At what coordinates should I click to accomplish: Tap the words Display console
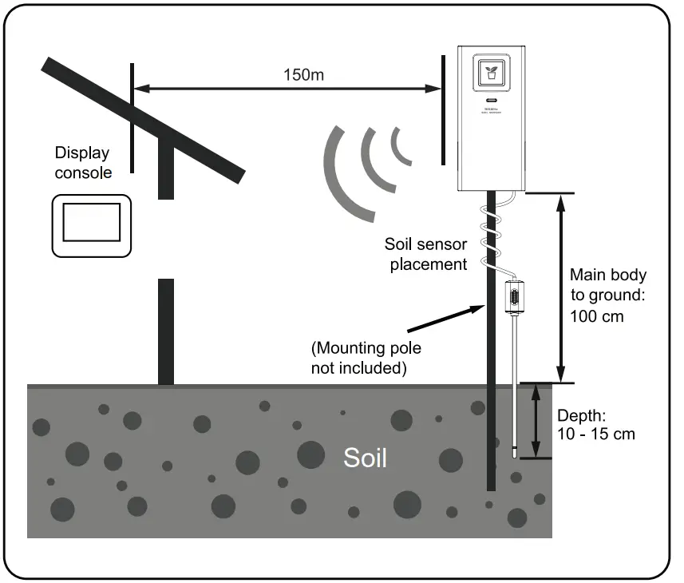(82, 162)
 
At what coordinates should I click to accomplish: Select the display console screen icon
(90, 224)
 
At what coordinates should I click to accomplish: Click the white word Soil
(365, 458)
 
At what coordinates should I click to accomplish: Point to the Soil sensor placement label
(425, 254)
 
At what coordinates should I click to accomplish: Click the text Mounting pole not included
(366, 358)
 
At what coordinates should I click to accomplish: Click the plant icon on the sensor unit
(488, 73)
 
